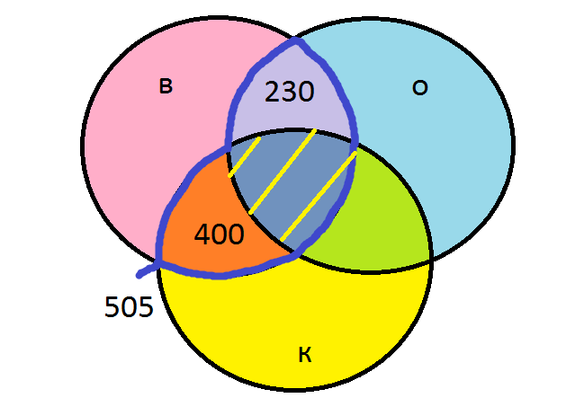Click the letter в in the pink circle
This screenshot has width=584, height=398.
165,86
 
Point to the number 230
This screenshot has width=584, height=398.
290,92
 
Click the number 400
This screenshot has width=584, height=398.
219,235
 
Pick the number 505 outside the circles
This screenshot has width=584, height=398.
129,308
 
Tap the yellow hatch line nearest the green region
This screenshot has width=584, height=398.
319,198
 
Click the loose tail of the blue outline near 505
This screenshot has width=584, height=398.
144,271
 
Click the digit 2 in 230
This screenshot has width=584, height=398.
273,92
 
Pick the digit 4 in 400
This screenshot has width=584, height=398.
202,235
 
